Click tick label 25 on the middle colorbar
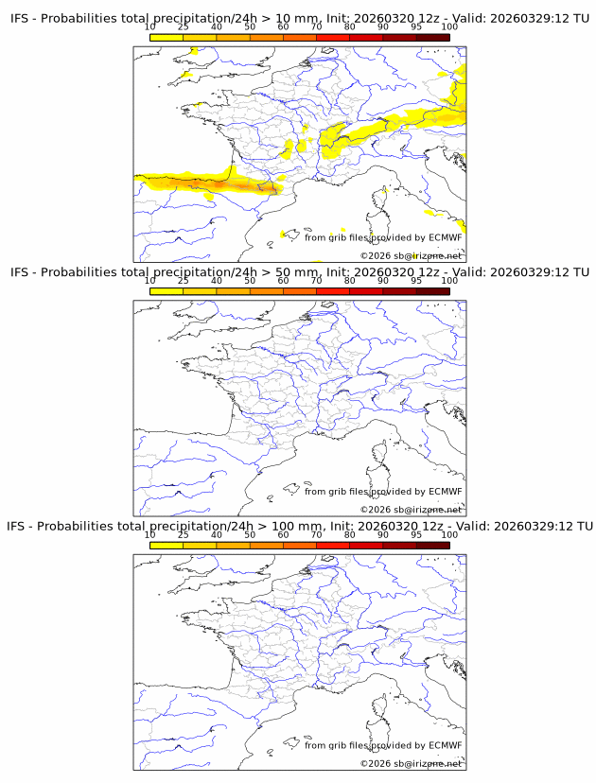tap(183, 281)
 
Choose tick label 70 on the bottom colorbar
tap(316, 534)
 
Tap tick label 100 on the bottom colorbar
tap(449, 534)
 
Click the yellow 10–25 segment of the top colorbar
tap(167, 37)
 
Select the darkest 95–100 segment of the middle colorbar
tap(432, 290)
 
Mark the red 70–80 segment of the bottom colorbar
tap(333, 544)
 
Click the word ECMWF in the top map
tap(446, 237)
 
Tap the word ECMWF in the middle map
tap(446, 491)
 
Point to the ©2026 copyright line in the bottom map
tap(411, 763)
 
